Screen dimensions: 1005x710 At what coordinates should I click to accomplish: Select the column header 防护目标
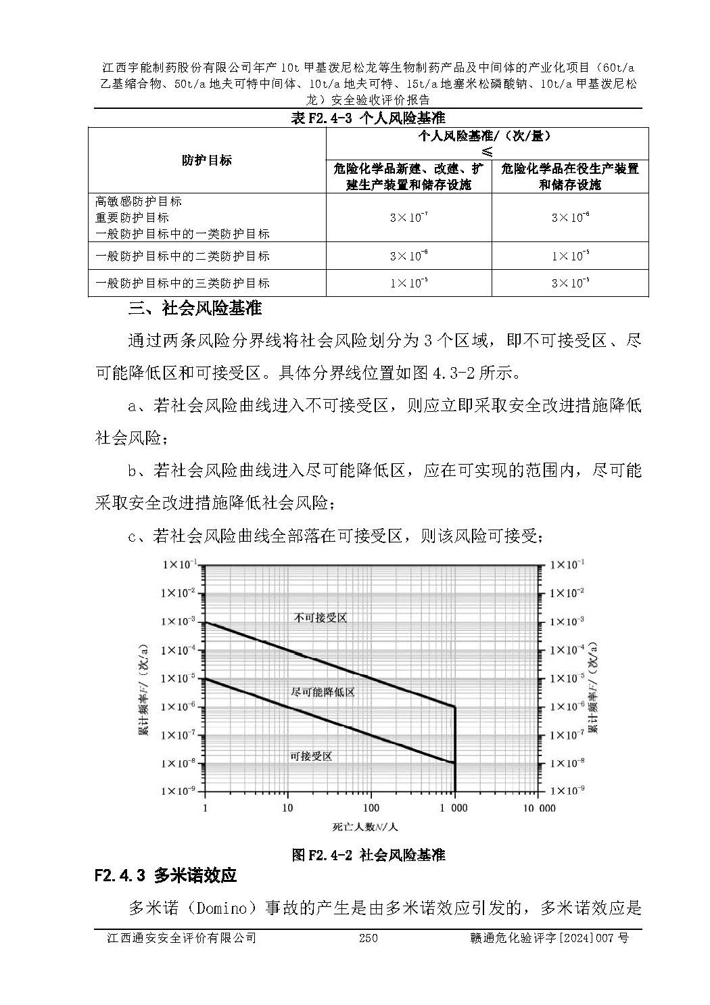tap(206, 160)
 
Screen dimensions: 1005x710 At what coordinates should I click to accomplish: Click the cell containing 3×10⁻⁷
tap(408, 218)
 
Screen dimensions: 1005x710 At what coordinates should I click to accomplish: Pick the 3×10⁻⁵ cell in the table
tap(570, 283)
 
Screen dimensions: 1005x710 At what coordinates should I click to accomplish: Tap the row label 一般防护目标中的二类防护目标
tap(183, 256)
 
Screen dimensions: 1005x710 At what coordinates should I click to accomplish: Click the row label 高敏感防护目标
tap(139, 202)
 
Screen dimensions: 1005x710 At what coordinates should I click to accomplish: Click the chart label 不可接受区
tap(321, 617)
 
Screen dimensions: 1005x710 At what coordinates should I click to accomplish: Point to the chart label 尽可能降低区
tap(323, 692)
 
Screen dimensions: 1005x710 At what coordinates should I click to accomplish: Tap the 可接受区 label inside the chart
tap(311, 756)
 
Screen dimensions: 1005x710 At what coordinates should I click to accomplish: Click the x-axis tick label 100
tap(371, 808)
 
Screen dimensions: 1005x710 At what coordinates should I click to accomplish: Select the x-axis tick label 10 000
tap(539, 808)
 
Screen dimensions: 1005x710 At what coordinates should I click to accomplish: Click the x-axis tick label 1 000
tap(454, 808)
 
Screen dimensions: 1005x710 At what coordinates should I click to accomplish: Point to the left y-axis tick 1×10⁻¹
tap(179, 565)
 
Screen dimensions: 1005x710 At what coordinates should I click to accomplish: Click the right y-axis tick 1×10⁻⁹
tap(567, 791)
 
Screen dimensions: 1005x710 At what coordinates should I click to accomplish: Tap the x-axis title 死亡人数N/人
tap(365, 826)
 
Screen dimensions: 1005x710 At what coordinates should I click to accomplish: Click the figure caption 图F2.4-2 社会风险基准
tap(368, 855)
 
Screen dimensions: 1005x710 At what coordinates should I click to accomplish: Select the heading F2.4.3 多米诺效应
tap(166, 876)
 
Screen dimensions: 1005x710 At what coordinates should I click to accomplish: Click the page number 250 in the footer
tap(368, 938)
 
